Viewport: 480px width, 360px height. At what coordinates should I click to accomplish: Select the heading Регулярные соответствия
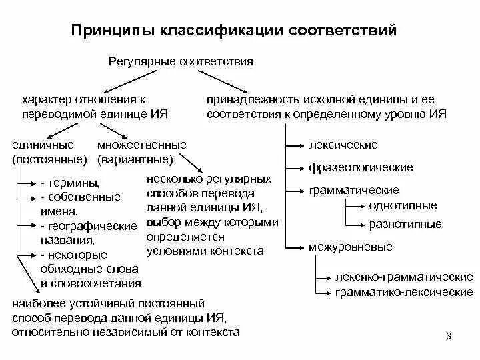(x=180, y=61)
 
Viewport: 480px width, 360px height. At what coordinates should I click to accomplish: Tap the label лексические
(x=343, y=145)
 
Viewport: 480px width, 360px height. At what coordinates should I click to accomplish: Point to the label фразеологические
(x=361, y=167)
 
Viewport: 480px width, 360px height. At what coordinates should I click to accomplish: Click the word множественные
(x=141, y=145)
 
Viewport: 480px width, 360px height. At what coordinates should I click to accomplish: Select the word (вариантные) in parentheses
(x=135, y=159)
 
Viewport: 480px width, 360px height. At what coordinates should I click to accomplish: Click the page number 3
(x=449, y=335)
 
